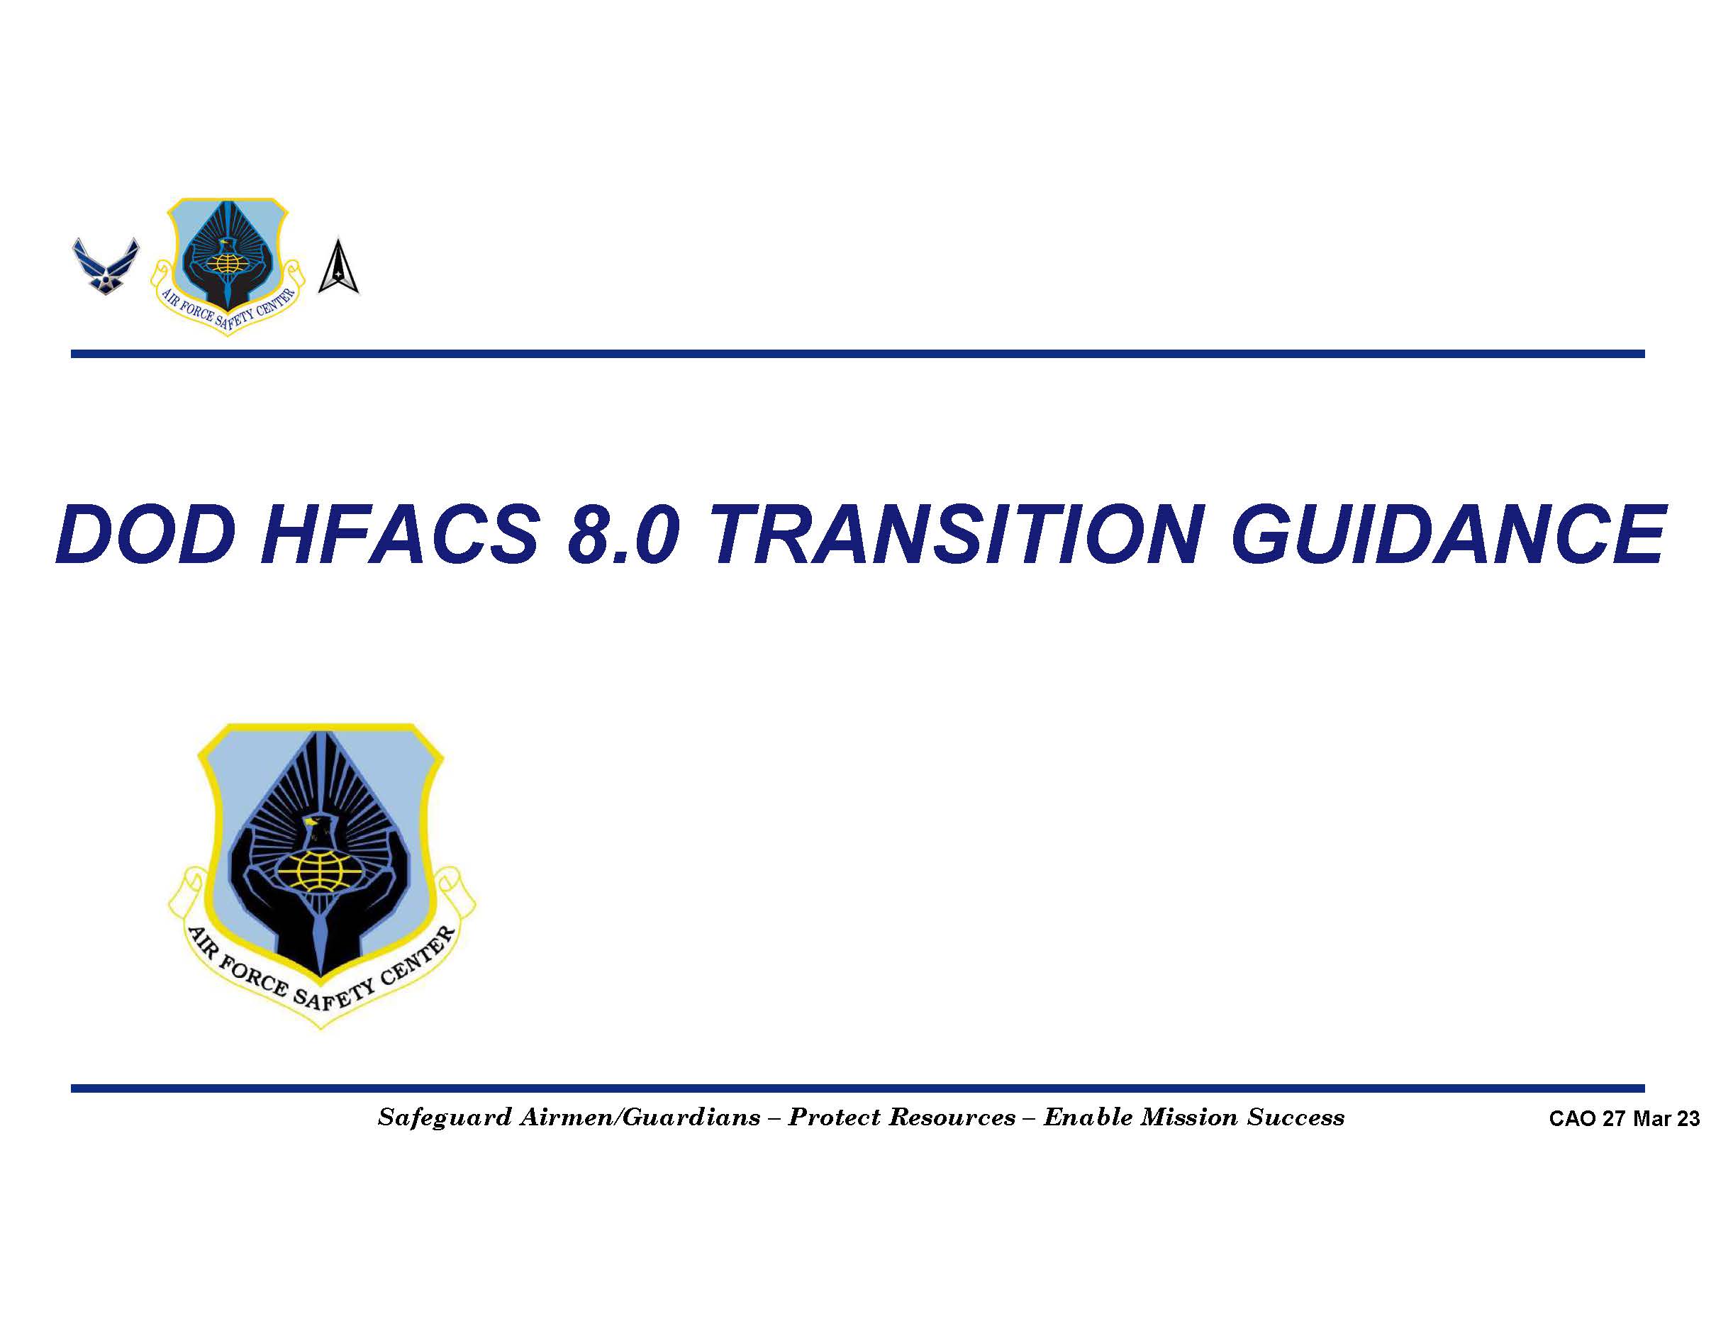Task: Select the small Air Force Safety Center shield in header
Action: point(227,265)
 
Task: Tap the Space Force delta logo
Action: point(339,267)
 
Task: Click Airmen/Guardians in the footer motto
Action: point(640,1118)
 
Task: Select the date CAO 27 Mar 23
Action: point(1623,1119)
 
